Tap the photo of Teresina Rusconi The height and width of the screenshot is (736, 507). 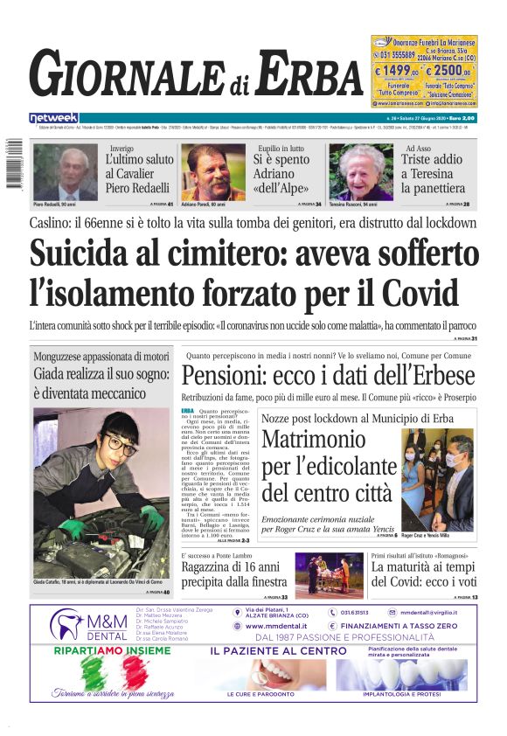coord(361,172)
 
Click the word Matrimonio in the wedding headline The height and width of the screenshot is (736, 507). coord(315,440)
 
